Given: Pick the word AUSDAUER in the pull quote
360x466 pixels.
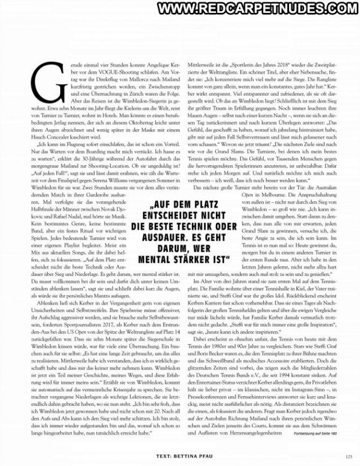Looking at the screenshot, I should [x=150, y=237].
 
